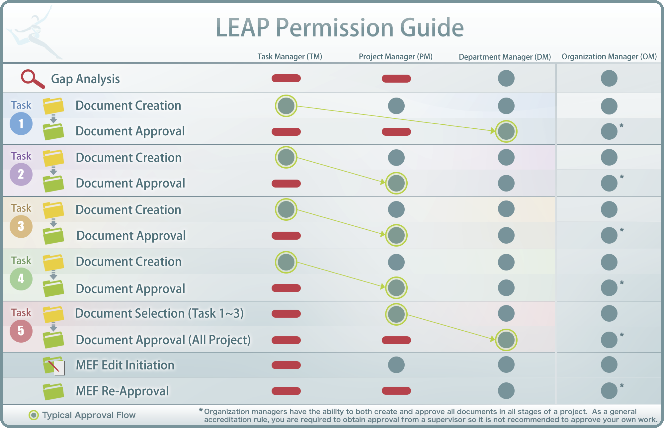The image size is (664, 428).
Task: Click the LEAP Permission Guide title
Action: pyautogui.click(x=340, y=28)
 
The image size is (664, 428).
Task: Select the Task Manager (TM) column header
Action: pyautogui.click(x=289, y=57)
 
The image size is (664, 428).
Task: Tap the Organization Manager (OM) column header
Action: pyautogui.click(x=609, y=57)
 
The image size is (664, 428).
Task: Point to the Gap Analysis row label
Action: pyautogui.click(x=85, y=79)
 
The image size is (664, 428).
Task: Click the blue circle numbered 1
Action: pyautogui.click(x=21, y=124)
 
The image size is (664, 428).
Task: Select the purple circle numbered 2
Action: pyautogui.click(x=21, y=174)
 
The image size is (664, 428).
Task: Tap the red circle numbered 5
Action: pyautogui.click(x=21, y=331)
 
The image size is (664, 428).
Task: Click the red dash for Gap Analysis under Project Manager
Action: pyautogui.click(x=396, y=79)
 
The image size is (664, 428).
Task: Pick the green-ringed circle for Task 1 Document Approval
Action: pyautogui.click(x=506, y=131)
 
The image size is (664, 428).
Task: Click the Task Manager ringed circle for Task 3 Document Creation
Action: pyautogui.click(x=286, y=209)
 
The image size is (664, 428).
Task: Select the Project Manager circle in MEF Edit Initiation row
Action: pyautogui.click(x=396, y=365)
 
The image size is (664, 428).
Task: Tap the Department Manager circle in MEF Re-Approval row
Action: pyautogui.click(x=506, y=391)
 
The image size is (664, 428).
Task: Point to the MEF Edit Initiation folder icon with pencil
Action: pyautogui.click(x=54, y=365)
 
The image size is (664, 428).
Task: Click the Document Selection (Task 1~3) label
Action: pyautogui.click(x=159, y=313)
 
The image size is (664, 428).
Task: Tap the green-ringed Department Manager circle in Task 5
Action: pyautogui.click(x=506, y=340)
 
